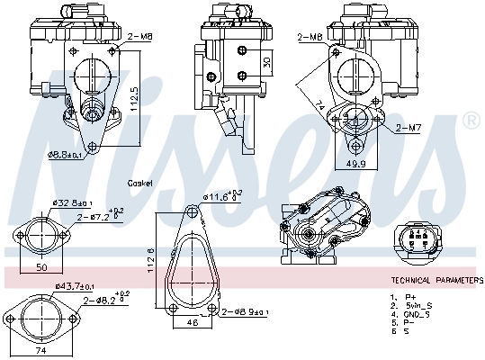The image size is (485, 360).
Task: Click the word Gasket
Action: pyautogui.click(x=139, y=182)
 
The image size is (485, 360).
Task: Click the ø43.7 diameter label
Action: pyautogui.click(x=74, y=286)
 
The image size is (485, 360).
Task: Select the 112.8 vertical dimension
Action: pyautogui.click(x=151, y=262)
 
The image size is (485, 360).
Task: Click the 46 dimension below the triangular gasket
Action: pyautogui.click(x=191, y=321)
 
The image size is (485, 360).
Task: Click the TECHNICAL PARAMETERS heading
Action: pyautogui.click(x=436, y=281)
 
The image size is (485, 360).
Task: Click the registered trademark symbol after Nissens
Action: pyautogui.click(x=470, y=120)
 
